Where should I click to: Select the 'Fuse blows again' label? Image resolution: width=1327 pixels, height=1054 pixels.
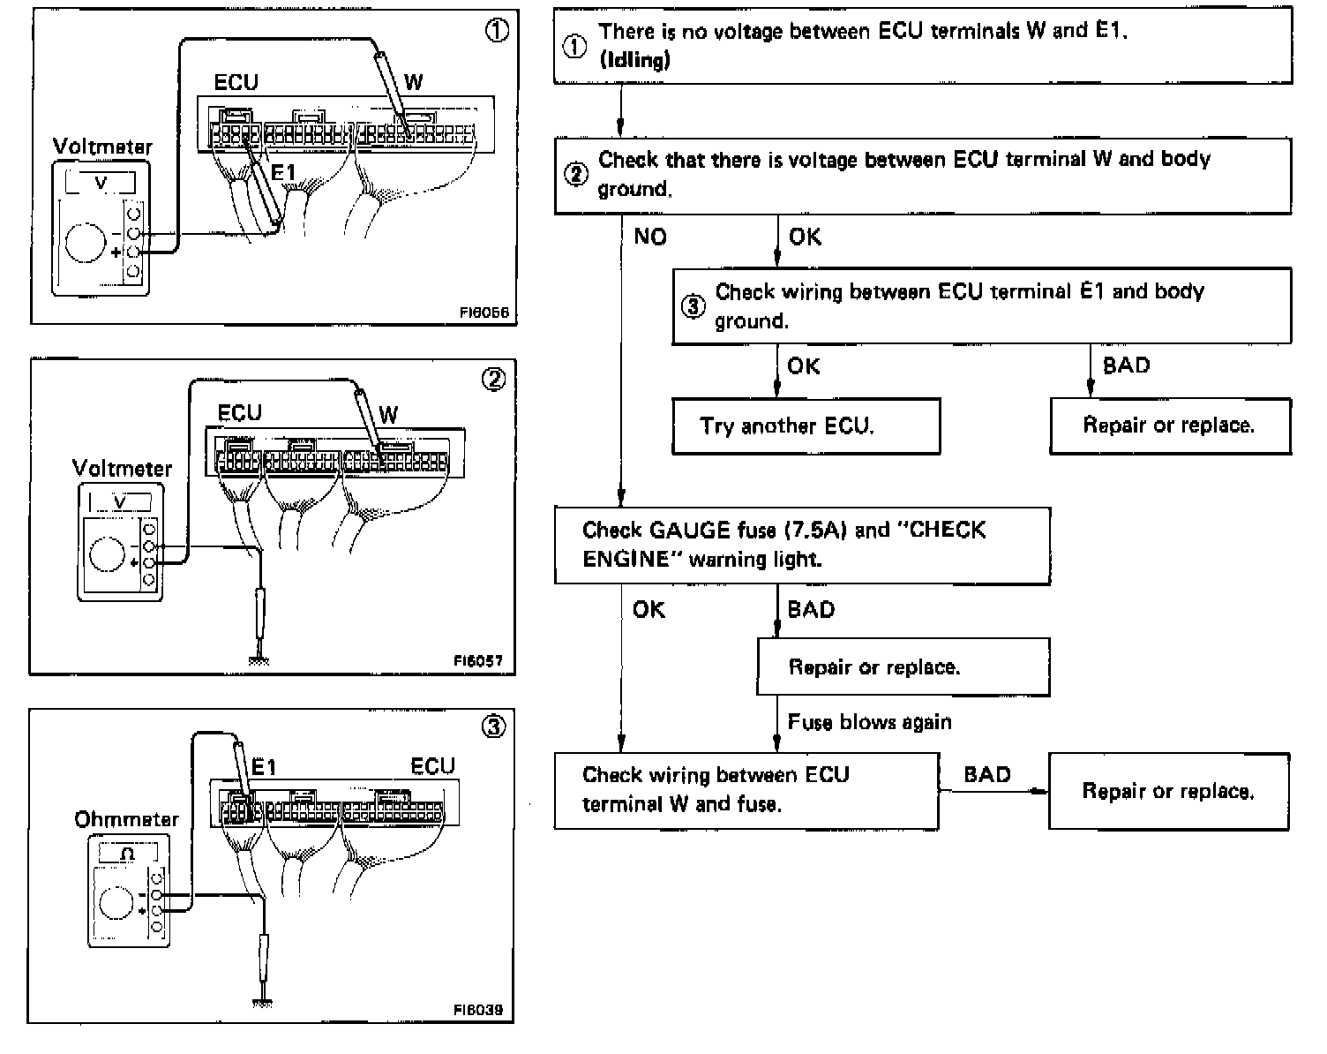click(x=869, y=723)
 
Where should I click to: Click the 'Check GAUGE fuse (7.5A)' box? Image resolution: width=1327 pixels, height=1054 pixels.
click(x=801, y=545)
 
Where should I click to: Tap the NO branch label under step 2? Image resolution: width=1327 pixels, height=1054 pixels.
click(x=650, y=237)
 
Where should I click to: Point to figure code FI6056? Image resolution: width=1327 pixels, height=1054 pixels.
click(x=484, y=312)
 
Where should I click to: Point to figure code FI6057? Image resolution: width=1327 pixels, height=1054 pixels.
click(x=484, y=660)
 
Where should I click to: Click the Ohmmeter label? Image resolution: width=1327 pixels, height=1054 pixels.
click(x=126, y=819)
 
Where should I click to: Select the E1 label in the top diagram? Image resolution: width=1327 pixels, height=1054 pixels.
click(x=282, y=173)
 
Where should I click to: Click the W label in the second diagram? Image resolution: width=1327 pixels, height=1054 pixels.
click(x=388, y=414)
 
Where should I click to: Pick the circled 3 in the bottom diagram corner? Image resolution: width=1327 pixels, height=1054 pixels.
click(x=493, y=727)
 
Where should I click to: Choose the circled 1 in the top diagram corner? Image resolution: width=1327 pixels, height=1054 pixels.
click(x=497, y=31)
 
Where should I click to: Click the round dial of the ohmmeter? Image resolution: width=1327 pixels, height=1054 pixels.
click(x=117, y=902)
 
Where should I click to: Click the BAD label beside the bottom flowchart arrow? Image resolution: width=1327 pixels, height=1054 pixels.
click(x=986, y=775)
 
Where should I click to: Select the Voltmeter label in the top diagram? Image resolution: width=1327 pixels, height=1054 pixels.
click(x=102, y=147)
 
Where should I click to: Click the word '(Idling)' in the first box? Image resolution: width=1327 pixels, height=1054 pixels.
click(x=634, y=60)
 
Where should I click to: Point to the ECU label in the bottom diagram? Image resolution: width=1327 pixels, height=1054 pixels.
click(x=432, y=766)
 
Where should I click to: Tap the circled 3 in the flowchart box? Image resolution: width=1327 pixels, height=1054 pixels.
click(x=693, y=306)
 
